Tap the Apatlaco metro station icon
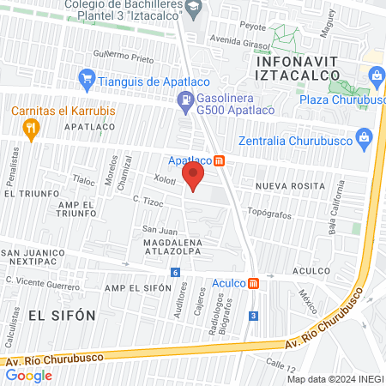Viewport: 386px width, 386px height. click(220, 160)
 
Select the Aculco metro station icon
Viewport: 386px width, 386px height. click(253, 283)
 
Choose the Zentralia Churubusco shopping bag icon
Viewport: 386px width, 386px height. click(365, 136)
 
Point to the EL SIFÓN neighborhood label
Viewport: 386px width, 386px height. click(62, 315)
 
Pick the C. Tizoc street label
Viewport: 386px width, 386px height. click(148, 202)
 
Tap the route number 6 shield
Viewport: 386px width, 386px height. click(176, 273)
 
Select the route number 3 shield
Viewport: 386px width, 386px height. click(253, 317)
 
